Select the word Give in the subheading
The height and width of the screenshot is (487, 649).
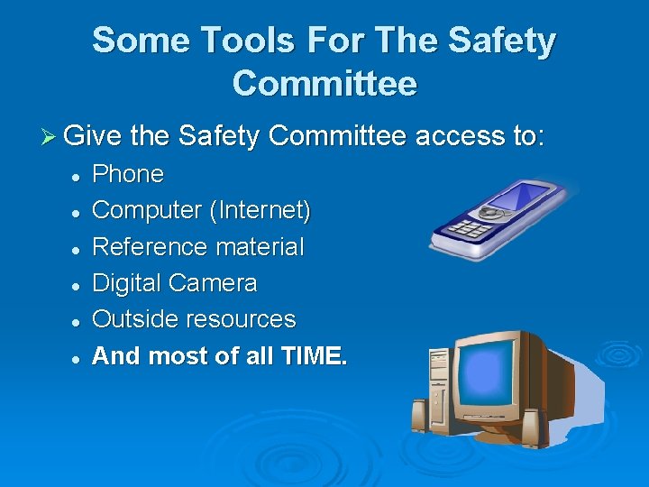(x=95, y=136)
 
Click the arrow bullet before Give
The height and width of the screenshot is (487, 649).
(x=51, y=137)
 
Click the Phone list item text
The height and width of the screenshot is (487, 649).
(x=128, y=174)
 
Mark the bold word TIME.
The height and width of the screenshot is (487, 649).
(x=311, y=356)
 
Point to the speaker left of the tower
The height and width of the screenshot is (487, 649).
(x=418, y=417)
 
